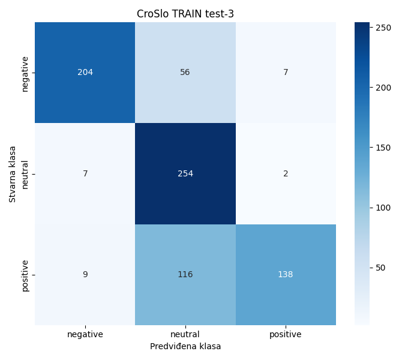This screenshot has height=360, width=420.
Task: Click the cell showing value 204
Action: coord(85,73)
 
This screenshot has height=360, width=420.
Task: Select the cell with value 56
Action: coord(185,73)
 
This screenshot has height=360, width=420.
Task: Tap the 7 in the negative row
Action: coord(286,73)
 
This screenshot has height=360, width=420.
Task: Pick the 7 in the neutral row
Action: coord(85,174)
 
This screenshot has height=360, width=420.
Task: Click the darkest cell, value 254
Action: coord(185,174)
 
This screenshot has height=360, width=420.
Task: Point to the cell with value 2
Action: coord(286,174)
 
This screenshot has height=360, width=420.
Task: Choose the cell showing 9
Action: coord(85,275)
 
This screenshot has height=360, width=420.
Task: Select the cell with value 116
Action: coord(185,275)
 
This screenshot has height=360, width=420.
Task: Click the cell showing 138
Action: coord(286,275)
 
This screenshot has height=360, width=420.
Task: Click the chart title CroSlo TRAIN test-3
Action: coord(185,14)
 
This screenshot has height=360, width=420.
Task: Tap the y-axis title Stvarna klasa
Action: coord(13,174)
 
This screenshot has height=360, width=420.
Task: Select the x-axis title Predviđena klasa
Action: coord(185,346)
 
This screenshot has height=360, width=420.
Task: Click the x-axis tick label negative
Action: coord(85,334)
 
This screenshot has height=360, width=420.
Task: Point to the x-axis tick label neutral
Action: coord(185,334)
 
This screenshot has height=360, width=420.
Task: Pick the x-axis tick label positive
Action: coord(286,334)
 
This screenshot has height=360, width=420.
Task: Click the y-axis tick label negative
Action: coord(25,73)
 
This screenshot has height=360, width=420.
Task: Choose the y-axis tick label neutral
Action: coord(25,174)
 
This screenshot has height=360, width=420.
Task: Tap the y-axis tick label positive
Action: coord(25,275)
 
